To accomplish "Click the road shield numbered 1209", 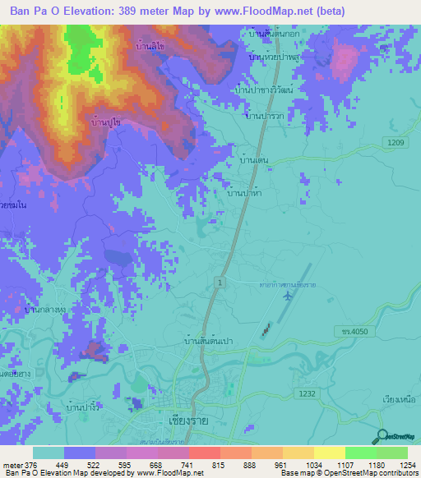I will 397,143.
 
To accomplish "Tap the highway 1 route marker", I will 220,282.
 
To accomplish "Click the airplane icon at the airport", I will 287,295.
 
